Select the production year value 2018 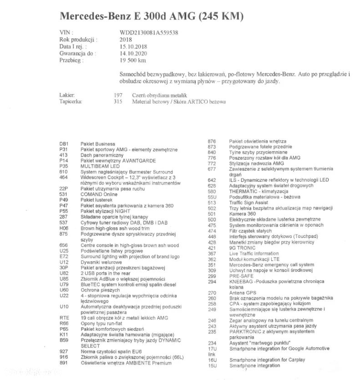126,40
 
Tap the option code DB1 64,144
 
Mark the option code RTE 64,318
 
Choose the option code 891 64,363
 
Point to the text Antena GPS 242,293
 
